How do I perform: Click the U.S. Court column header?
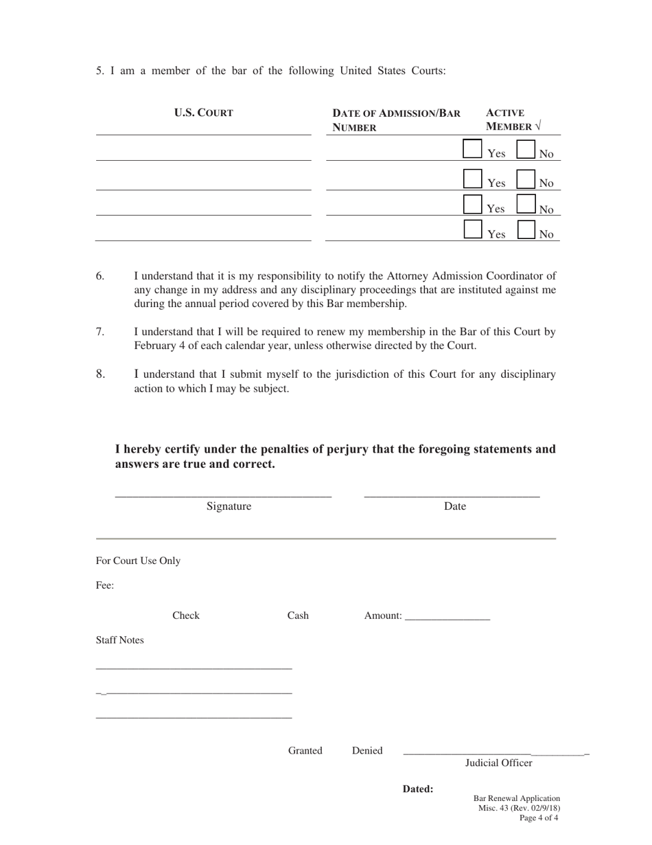tap(203, 113)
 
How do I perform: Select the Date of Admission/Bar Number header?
tap(396, 120)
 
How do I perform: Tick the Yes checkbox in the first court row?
tap(472, 149)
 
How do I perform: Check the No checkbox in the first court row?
tap(526, 149)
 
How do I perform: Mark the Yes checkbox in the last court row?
tap(472, 229)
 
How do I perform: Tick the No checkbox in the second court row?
tap(526, 179)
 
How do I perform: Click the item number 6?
tap(100, 276)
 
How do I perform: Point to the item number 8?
tap(100, 374)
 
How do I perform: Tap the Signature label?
tap(229, 507)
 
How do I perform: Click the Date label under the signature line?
tap(455, 507)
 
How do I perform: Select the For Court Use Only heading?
tap(138, 561)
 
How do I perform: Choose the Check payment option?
tap(185, 616)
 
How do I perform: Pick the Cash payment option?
tap(297, 616)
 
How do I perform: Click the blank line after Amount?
tap(447, 617)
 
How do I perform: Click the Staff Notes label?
tap(119, 640)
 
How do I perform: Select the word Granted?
tap(305, 751)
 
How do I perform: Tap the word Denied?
tap(367, 751)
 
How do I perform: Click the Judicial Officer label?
tap(498, 763)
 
